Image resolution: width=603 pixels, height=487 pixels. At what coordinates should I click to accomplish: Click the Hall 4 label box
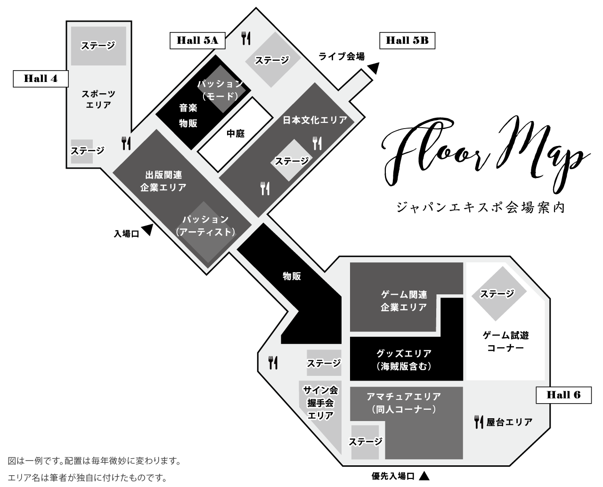coord(41,79)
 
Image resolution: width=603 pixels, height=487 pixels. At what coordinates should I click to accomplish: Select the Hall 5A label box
coord(197,40)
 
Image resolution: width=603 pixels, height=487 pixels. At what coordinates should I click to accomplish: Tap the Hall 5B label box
coord(407,41)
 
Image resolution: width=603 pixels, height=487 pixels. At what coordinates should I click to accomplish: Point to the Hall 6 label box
coord(563,395)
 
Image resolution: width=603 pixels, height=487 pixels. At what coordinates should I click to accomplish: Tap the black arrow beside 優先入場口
coord(424,476)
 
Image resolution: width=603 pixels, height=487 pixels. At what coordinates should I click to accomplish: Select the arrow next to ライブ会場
coord(374,68)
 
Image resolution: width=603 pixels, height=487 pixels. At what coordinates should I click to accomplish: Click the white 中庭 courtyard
coord(236,133)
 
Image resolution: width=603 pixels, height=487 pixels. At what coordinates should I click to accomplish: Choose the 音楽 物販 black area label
coord(188,115)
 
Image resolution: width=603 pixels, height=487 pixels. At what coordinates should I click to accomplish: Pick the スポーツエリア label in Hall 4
coord(98,99)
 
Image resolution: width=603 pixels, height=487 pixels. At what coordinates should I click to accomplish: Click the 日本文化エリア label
coord(315,120)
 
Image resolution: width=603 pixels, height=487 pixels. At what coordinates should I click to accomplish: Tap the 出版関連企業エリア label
coord(163,181)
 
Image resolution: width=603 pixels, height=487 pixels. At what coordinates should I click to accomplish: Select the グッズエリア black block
coord(404,359)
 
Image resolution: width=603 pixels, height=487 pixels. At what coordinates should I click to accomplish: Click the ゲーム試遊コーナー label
coord(505,341)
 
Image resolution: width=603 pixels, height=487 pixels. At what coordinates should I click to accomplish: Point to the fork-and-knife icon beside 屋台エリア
coord(479,422)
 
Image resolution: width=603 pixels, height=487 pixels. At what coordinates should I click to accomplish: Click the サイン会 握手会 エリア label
coord(320,403)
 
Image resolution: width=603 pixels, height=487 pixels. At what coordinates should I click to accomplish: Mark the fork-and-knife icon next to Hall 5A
coord(245,38)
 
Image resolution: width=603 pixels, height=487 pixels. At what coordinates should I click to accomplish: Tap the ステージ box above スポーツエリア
coord(98,46)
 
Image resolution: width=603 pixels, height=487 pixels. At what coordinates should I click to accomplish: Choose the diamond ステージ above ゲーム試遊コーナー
coord(497,294)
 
